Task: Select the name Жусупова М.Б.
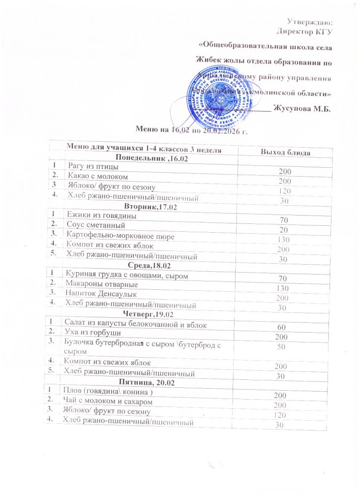[x=301, y=109]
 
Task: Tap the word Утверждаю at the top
[x=309, y=22]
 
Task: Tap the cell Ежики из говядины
[x=101, y=216]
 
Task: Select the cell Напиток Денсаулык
[x=100, y=294]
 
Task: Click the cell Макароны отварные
[x=101, y=284]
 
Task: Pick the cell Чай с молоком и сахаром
[x=111, y=402]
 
